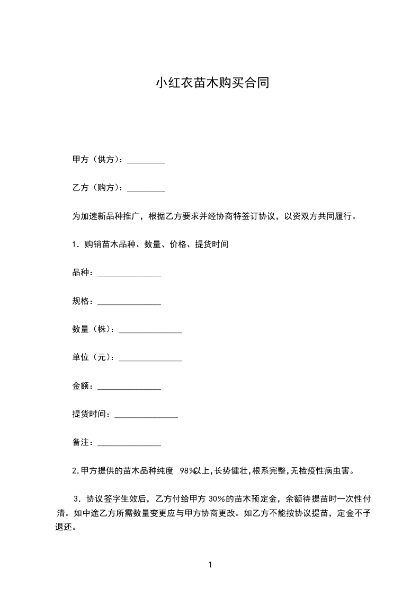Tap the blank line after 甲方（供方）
click(x=146, y=161)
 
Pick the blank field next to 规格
click(x=129, y=302)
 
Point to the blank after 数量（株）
click(x=150, y=330)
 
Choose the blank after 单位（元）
click(x=150, y=358)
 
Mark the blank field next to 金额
click(x=129, y=387)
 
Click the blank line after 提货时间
click(x=146, y=415)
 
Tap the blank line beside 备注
click(x=129, y=443)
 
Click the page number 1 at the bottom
click(x=210, y=565)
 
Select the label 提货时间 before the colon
click(x=91, y=414)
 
